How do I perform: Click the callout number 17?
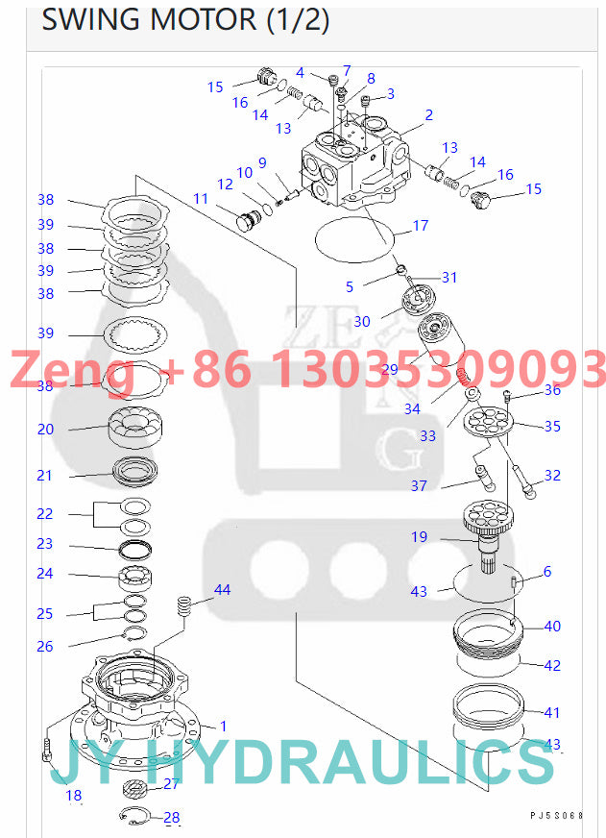(x=421, y=227)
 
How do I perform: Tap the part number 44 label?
(x=222, y=589)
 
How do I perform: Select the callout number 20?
(x=45, y=430)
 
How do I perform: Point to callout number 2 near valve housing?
(x=428, y=115)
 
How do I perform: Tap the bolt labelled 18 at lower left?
(x=46, y=749)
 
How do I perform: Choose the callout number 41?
(x=552, y=713)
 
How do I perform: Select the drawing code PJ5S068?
(x=556, y=816)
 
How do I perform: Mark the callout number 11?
(x=200, y=198)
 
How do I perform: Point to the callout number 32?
(x=552, y=476)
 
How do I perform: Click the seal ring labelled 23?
(x=135, y=547)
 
